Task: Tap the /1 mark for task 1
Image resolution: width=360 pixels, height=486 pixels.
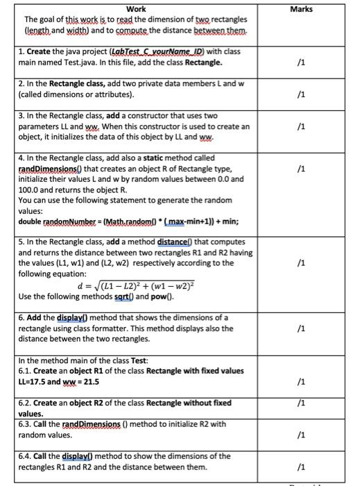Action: click(x=298, y=63)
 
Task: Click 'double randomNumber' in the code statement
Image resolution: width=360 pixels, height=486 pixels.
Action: click(x=53, y=221)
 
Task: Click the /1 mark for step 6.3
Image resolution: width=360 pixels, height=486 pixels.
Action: click(x=298, y=435)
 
